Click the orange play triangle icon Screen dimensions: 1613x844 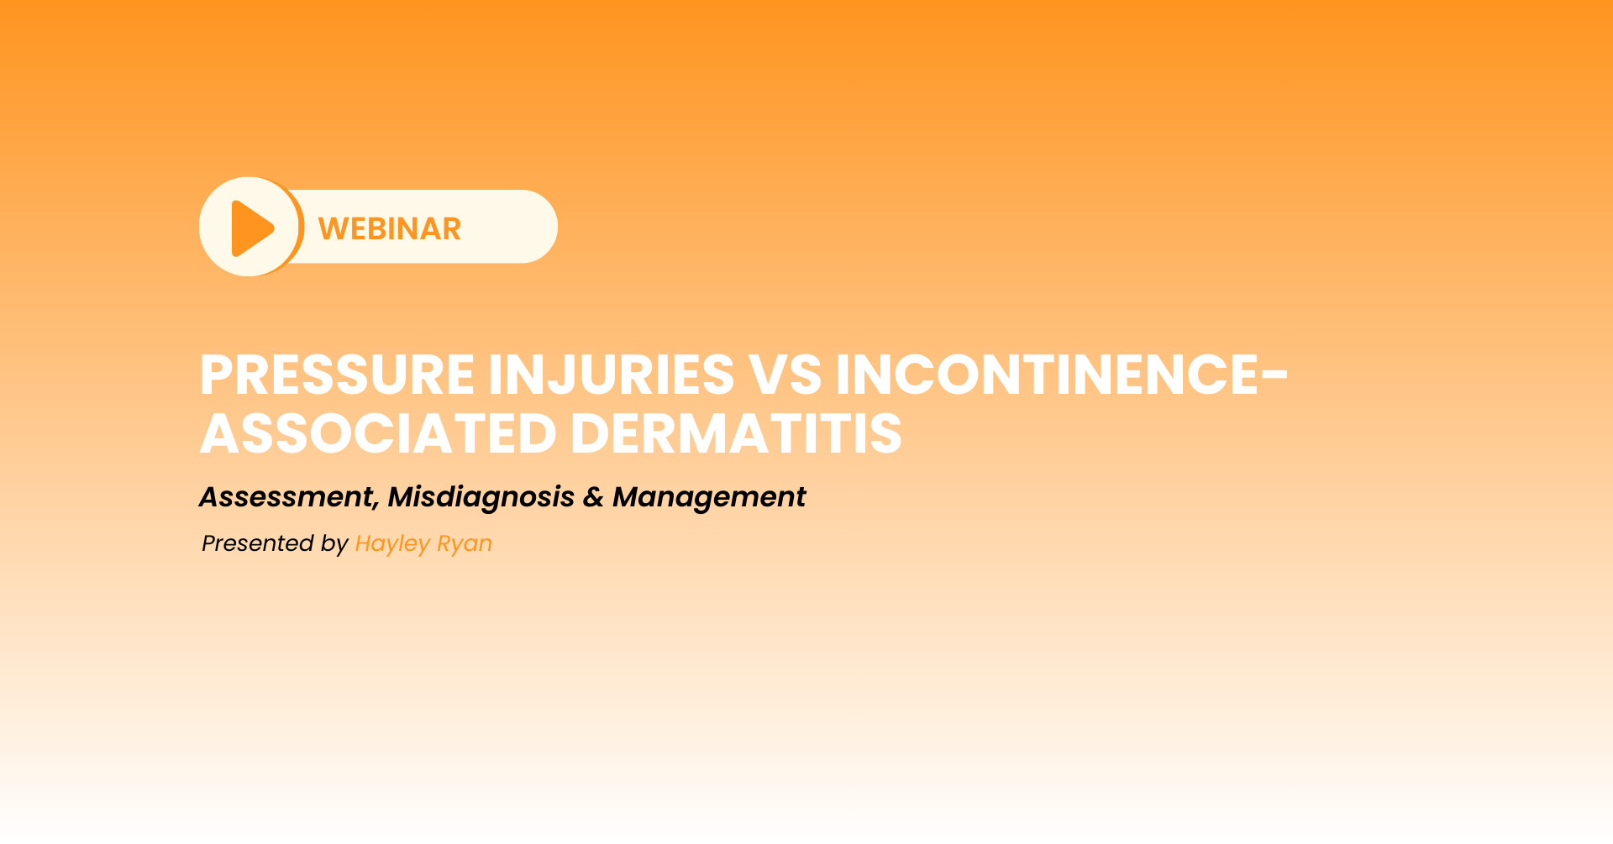click(x=251, y=228)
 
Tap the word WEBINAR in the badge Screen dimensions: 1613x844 click(x=390, y=228)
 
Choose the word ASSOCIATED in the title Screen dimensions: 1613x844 click(x=378, y=433)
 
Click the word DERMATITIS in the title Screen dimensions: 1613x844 click(x=736, y=433)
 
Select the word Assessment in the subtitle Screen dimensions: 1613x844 click(x=286, y=497)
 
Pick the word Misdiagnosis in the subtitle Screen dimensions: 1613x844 click(x=481, y=498)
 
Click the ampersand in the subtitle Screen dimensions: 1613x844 click(x=593, y=497)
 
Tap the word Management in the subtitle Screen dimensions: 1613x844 click(x=709, y=498)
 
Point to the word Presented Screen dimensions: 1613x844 click(x=258, y=543)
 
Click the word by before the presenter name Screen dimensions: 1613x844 click(x=334, y=544)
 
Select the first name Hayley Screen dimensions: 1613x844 click(x=392, y=544)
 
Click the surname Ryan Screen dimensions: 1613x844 click(x=465, y=544)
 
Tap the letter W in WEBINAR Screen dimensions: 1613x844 click(x=334, y=228)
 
